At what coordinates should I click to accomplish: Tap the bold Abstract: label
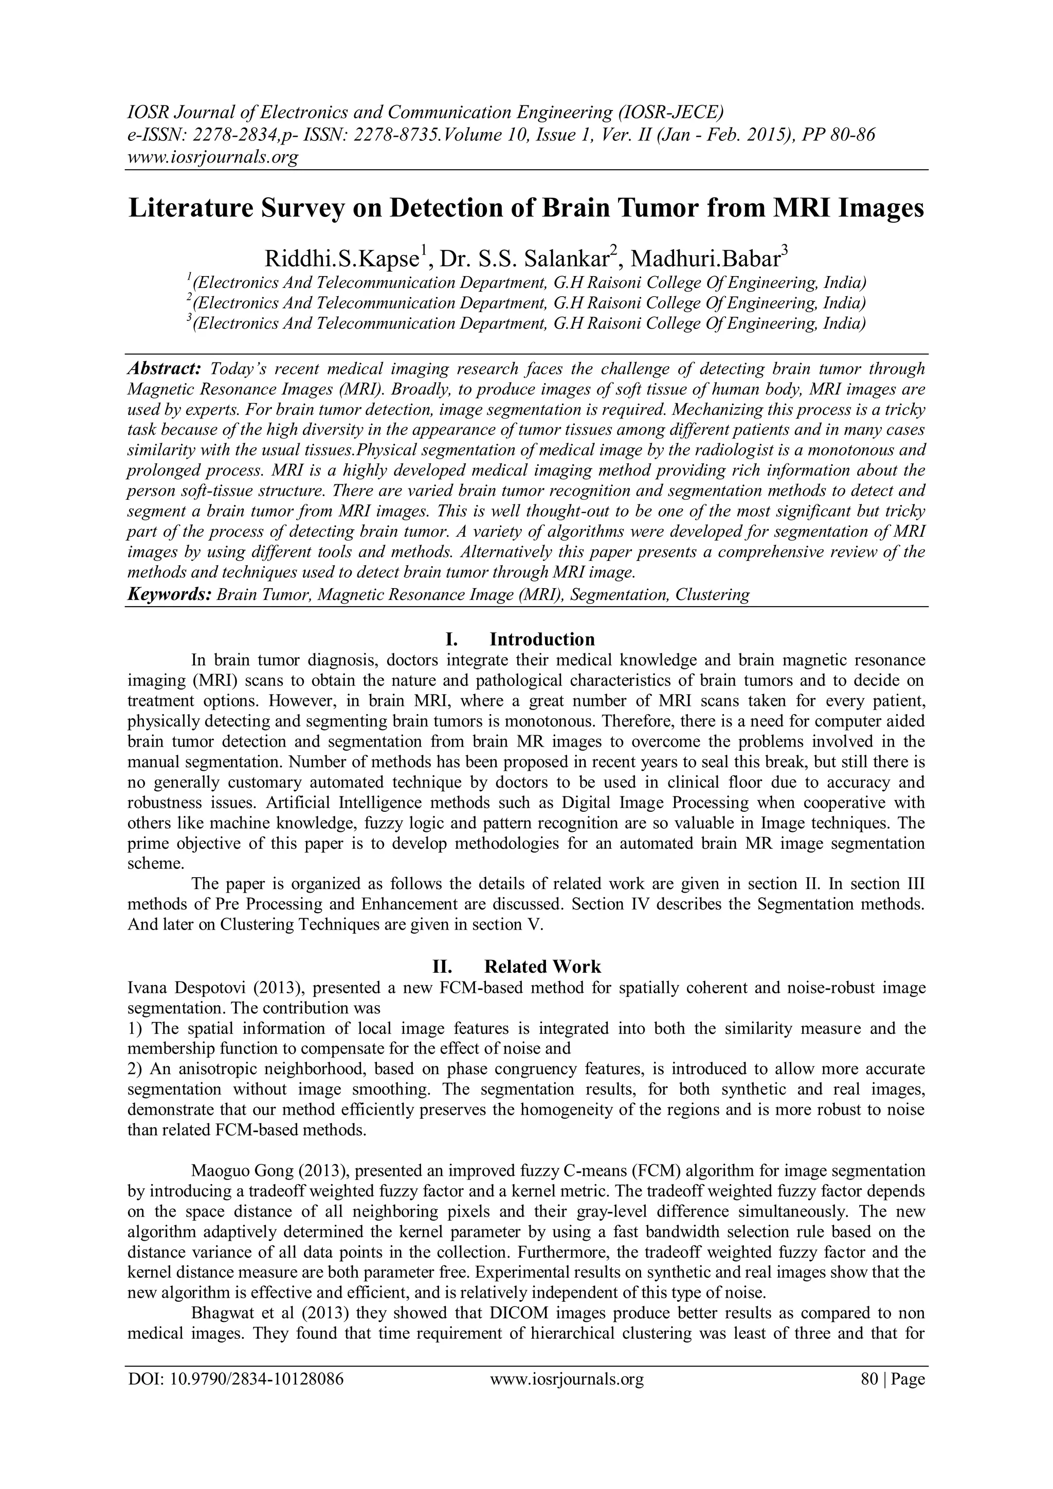tap(165, 369)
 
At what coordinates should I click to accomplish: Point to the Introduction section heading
tap(541, 640)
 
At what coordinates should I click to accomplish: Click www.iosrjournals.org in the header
tap(212, 156)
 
